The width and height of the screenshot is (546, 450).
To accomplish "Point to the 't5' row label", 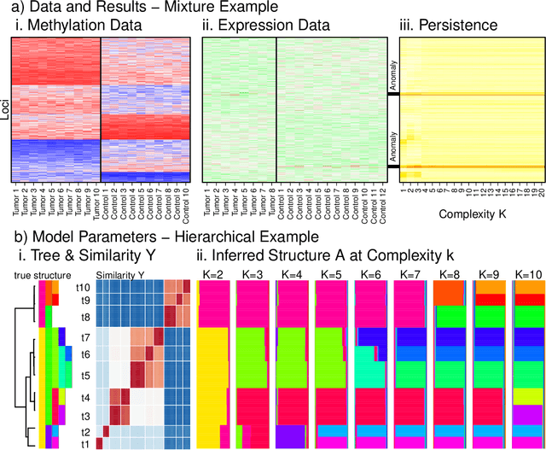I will pos(85,373).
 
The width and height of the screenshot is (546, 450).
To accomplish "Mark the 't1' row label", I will pos(85,443).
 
